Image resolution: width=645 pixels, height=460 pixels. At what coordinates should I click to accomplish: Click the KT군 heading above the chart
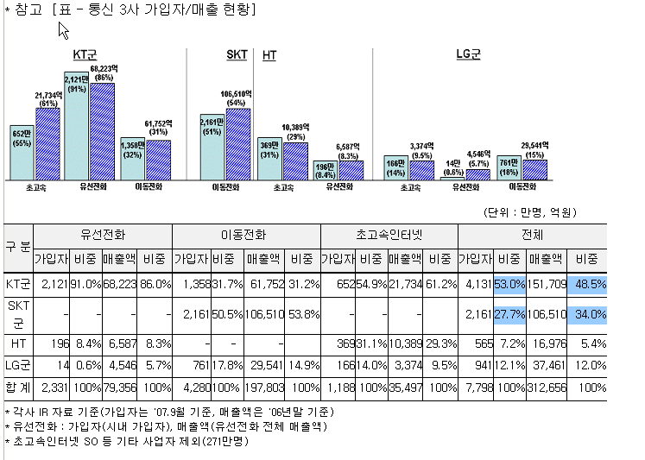[x=84, y=54]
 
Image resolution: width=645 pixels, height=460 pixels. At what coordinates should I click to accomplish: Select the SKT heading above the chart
[x=237, y=54]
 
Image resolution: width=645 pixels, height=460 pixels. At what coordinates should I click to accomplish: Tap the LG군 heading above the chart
[x=468, y=54]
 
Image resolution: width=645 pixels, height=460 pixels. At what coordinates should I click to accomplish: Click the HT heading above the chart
[x=269, y=54]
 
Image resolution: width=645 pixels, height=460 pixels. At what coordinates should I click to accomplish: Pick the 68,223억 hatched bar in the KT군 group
[x=102, y=129]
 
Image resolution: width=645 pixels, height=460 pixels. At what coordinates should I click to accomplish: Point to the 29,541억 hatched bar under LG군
[x=534, y=169]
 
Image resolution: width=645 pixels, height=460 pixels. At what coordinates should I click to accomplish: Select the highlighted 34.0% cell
[x=587, y=314]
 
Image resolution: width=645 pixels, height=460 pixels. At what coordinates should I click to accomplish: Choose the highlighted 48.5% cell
[x=587, y=283]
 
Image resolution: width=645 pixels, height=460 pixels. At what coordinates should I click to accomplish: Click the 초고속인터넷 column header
[x=388, y=234]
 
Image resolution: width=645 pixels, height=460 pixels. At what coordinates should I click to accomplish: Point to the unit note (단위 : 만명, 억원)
[x=528, y=211]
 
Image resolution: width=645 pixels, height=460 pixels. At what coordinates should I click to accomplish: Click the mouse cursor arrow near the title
[x=62, y=30]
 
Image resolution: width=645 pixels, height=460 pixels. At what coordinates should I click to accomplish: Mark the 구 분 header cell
[x=18, y=245]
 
